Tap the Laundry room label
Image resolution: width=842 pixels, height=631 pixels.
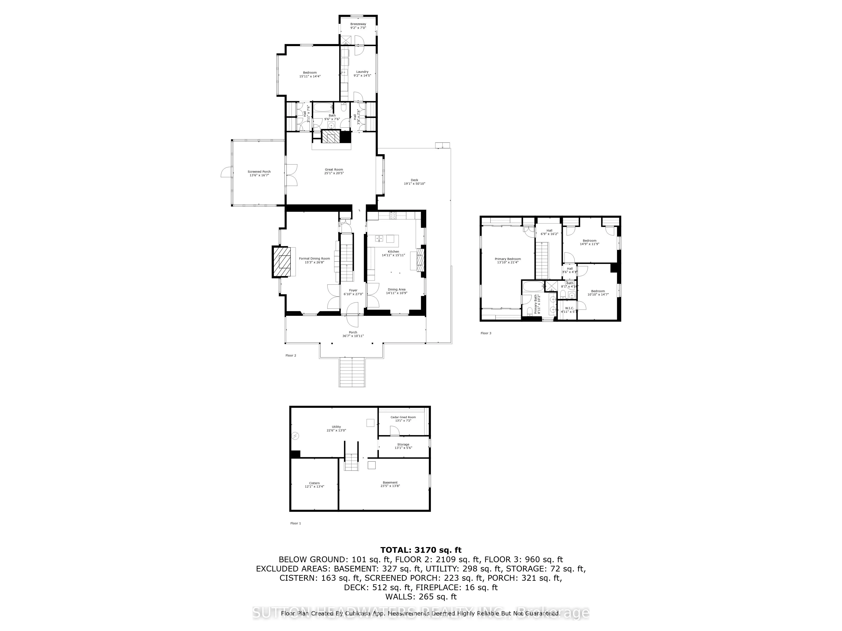[362, 72]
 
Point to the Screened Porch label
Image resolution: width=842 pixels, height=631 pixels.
[259, 172]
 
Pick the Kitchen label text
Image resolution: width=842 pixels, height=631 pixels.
[393, 251]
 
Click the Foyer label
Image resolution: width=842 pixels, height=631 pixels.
[353, 290]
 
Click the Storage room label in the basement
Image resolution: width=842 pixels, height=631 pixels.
[403, 444]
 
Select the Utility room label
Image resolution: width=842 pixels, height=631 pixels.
[336, 427]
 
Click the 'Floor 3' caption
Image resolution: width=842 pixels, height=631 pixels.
[486, 333]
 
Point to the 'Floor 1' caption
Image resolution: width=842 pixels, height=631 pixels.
[295, 523]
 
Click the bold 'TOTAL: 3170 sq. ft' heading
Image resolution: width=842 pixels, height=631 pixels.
[421, 550]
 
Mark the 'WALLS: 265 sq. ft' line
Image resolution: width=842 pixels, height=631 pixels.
[421, 597]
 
